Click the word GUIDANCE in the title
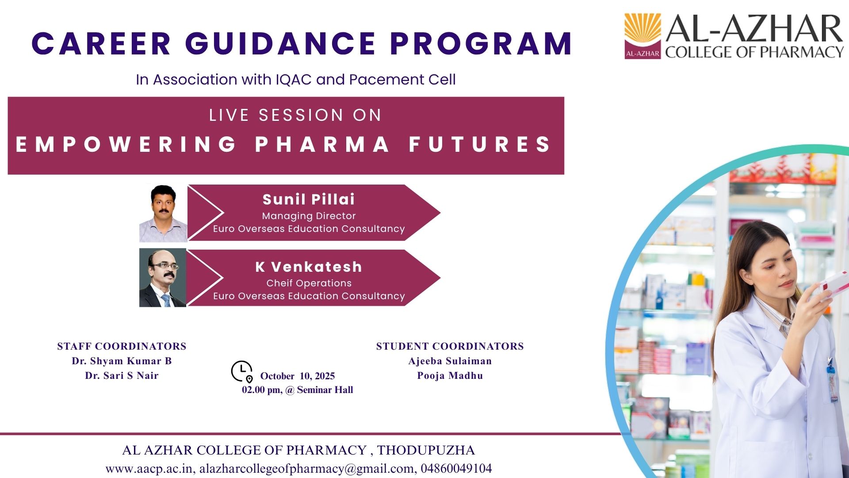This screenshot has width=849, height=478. click(280, 44)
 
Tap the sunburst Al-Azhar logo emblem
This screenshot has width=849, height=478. click(642, 36)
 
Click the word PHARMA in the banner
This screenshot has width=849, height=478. click(322, 145)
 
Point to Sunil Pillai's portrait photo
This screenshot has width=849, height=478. click(163, 213)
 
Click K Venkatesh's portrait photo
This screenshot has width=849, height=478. click(163, 278)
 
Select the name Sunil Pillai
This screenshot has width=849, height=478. click(309, 200)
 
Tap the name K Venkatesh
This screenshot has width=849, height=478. click(309, 267)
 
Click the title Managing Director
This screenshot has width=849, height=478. click(309, 216)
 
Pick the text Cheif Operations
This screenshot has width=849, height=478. click(309, 283)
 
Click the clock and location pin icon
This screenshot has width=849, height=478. click(242, 371)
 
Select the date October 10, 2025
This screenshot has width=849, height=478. click(297, 376)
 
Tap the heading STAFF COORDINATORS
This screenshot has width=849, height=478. click(122, 346)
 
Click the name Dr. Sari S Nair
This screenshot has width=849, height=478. click(122, 376)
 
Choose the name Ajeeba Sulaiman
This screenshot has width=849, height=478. click(450, 361)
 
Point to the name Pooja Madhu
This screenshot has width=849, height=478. click(450, 376)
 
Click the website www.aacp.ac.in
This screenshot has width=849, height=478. click(149, 468)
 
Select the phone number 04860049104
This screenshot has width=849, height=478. click(456, 468)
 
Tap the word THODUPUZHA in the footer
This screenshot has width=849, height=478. click(426, 450)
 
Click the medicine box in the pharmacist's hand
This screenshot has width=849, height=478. click(834, 283)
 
